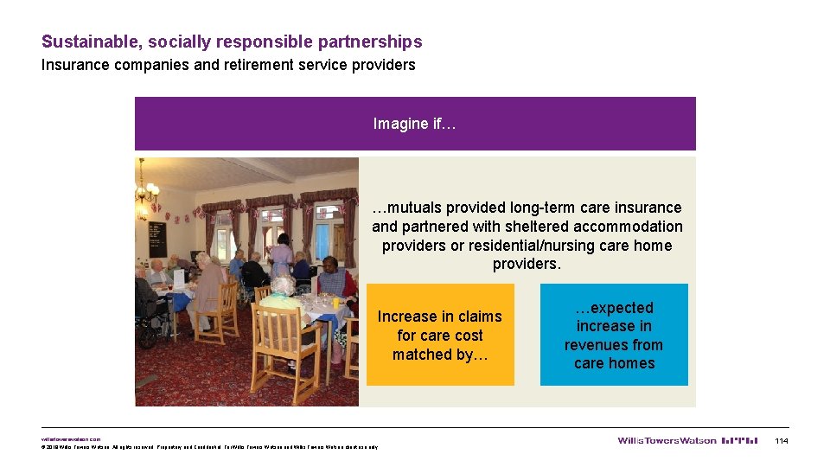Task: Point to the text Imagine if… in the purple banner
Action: point(414,124)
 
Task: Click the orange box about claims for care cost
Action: point(440,335)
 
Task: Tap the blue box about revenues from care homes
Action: point(614,335)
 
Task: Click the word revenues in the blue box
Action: point(614,345)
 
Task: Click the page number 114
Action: point(782,441)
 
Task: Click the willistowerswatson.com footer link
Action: point(71,438)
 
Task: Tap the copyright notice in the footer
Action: point(207,447)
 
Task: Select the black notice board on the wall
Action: point(156,238)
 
